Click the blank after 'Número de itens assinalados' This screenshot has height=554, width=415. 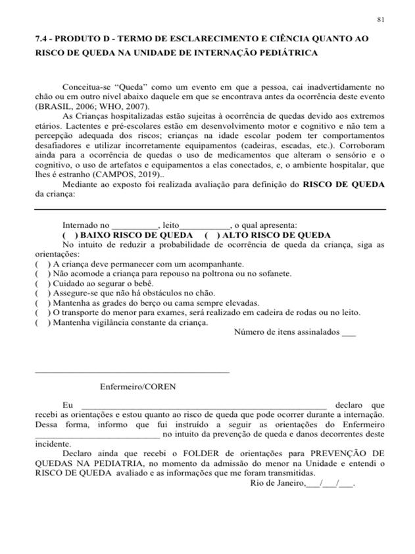pos(349,332)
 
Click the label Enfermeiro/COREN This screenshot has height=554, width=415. pos(138,387)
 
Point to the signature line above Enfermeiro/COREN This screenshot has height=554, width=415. pos(132,372)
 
